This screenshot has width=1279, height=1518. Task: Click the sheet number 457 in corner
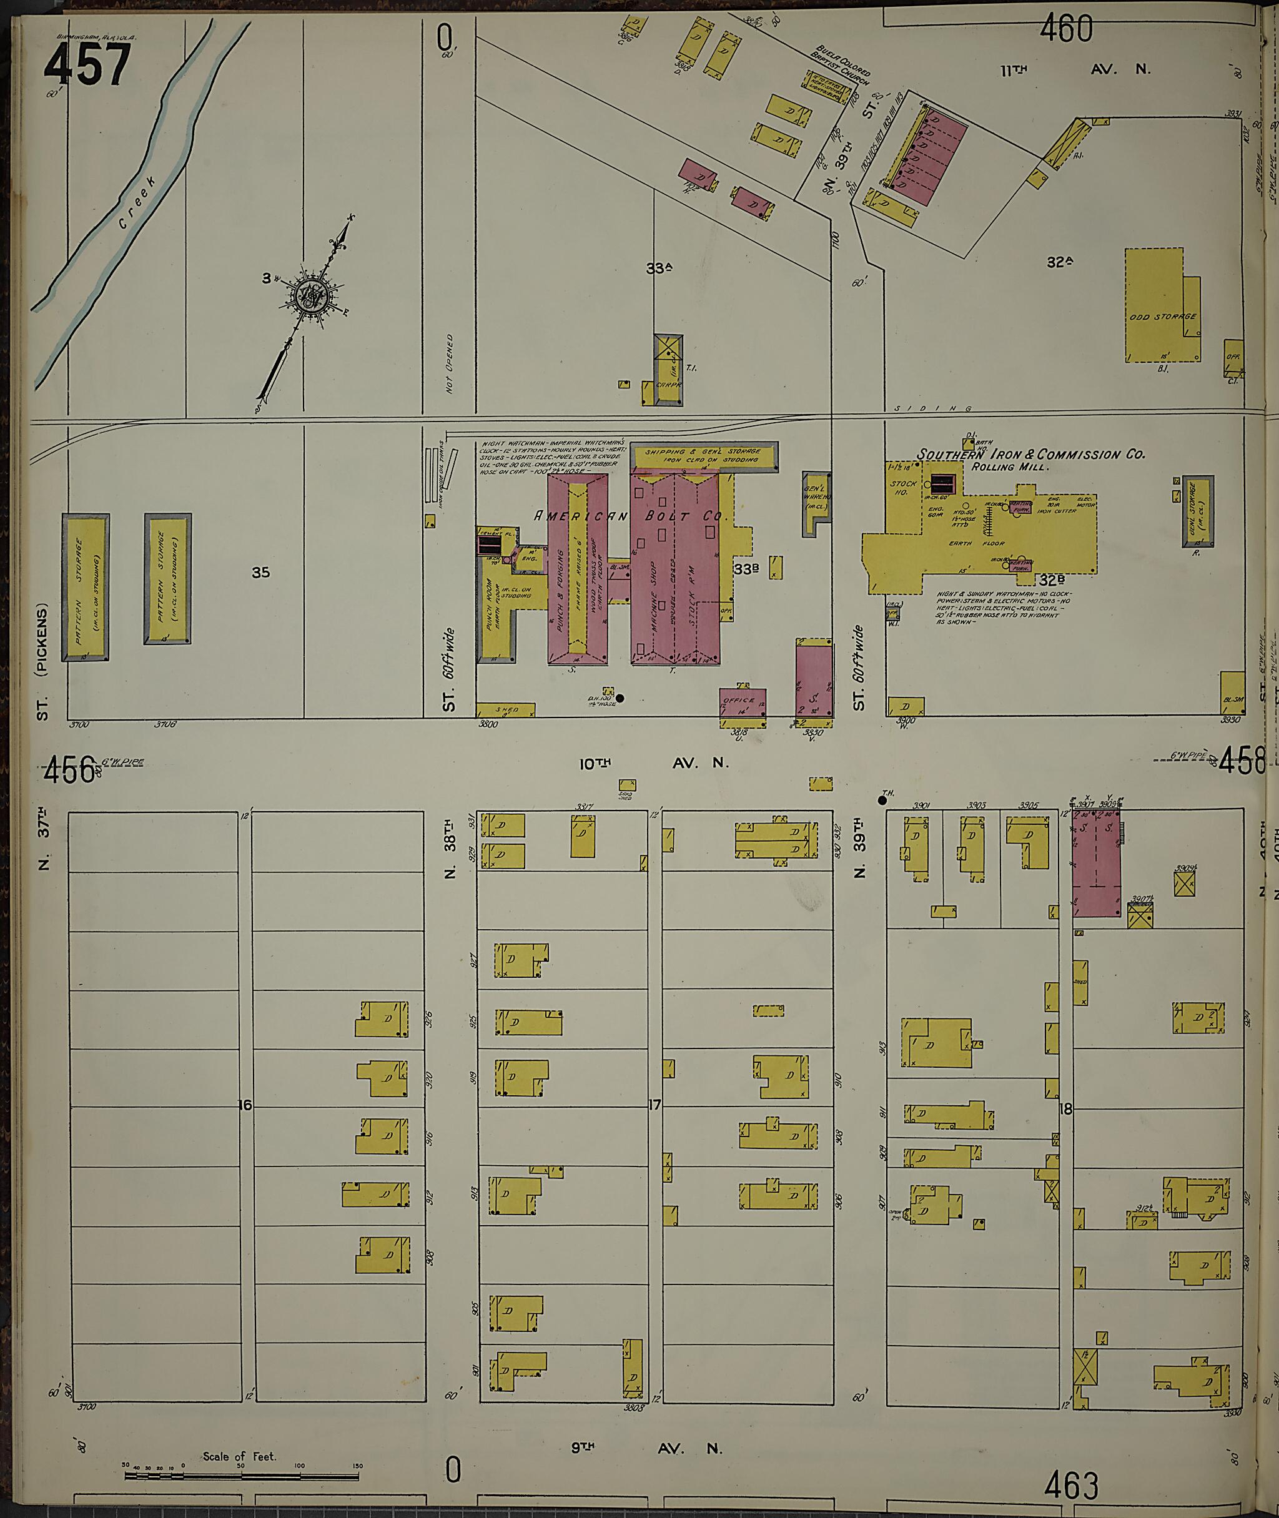87,64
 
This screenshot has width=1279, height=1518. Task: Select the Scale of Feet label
239,1436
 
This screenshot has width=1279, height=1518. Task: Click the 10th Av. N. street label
654,762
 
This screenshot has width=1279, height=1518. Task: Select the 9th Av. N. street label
647,1428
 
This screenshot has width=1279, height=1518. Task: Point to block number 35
260,573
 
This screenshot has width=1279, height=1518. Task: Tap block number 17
654,1105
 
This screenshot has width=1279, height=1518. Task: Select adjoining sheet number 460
1066,30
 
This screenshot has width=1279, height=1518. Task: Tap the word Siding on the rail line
932,409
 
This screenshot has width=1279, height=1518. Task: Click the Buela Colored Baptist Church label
841,64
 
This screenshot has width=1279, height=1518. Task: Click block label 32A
1059,262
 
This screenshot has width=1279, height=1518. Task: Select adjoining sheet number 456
69,769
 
